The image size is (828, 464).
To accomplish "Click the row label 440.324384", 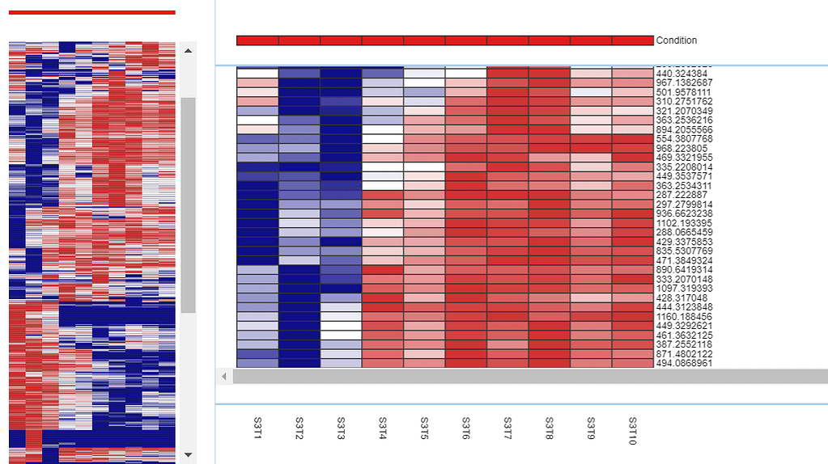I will (x=684, y=74).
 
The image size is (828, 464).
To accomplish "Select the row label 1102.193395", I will (x=684, y=223).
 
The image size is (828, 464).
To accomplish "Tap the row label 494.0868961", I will (x=684, y=364).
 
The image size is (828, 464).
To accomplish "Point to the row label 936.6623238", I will (x=684, y=213).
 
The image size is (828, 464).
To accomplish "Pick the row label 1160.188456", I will (x=684, y=317).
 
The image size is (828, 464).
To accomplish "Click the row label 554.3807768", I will (x=684, y=139).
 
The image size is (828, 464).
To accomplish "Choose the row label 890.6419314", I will (x=684, y=270).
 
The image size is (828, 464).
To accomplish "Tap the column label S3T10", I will (x=632, y=431).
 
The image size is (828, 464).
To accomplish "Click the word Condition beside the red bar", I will (x=677, y=40).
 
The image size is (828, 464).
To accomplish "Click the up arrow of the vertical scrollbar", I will (x=189, y=51).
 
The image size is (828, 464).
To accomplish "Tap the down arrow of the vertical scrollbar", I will (x=189, y=455).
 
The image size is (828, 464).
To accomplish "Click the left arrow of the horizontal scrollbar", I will (x=224, y=377).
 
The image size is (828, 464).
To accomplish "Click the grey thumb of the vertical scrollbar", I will (x=189, y=202).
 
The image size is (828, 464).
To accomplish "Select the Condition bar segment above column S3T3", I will (x=341, y=40).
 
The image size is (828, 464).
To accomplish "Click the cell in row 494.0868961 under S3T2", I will (x=299, y=363).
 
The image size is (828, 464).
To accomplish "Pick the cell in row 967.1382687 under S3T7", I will (x=507, y=82).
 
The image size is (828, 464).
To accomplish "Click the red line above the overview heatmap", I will (x=91, y=12).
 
